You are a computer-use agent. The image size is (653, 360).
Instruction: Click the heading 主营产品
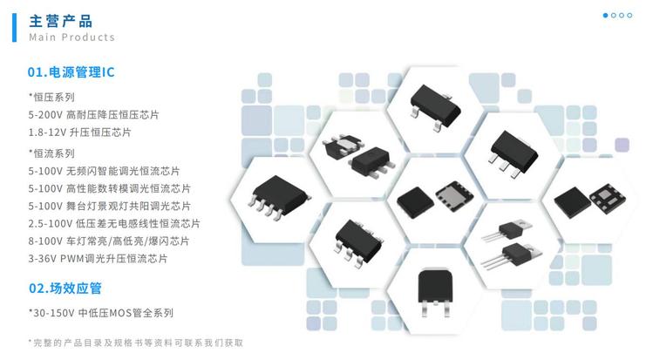pos(61,21)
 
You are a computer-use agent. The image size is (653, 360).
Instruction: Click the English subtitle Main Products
pos(71,37)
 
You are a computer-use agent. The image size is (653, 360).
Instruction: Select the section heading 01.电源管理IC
pos(71,72)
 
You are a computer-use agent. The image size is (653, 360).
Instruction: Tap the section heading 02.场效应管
pos(65,288)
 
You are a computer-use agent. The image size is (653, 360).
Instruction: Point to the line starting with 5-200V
pos(93,115)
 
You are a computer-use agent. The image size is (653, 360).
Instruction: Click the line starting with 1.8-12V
pos(79,132)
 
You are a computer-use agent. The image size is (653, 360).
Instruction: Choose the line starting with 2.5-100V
pos(114,223)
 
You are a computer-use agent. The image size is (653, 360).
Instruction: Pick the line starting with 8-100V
pos(109,241)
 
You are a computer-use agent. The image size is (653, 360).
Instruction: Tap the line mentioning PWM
pos(98,259)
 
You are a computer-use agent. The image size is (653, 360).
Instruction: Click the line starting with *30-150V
pos(101,313)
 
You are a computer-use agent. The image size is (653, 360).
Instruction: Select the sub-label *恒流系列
pos(51,153)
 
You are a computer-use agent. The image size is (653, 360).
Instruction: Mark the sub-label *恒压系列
pos(51,98)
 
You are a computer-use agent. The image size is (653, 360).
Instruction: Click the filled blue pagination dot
pos(606,16)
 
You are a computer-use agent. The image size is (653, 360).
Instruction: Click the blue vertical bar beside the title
pos(15,28)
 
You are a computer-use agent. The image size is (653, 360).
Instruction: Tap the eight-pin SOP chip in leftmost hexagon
pos(280,197)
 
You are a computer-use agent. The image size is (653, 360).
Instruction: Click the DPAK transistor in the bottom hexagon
pos(434,292)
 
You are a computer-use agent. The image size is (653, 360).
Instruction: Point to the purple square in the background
pos(622,145)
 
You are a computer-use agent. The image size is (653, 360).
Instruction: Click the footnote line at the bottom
pos(136,343)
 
